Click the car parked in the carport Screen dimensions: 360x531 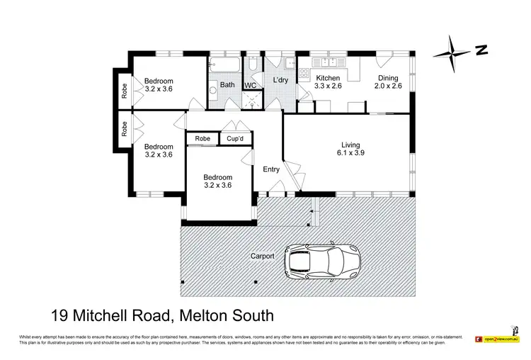point(322,263)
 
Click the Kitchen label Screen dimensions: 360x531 point(328,79)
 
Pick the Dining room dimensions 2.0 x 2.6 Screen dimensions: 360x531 point(387,87)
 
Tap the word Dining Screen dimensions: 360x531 point(387,79)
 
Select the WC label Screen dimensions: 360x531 point(249,86)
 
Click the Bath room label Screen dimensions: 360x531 point(227,85)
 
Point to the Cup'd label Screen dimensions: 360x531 point(233,139)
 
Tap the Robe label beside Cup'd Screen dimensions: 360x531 point(202,139)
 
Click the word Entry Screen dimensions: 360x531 point(271,169)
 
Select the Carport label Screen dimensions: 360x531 point(263,256)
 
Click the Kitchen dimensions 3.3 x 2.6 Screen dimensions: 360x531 point(328,87)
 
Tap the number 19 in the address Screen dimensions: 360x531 point(62,315)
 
